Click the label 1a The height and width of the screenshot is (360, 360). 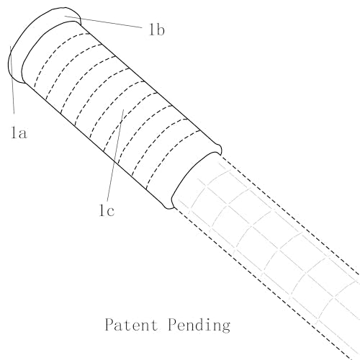point(19,132)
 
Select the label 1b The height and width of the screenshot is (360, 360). point(157,30)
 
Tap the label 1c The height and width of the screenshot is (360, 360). point(107,210)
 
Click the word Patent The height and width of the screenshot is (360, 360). point(131,325)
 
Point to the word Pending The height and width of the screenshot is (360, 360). point(199,325)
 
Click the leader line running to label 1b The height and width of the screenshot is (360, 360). point(103,22)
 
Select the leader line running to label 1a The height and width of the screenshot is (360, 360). point(12,80)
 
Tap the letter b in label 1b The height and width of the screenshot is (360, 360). point(161,30)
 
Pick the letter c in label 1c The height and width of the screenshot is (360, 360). point(110,212)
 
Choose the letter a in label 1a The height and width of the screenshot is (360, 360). point(22,134)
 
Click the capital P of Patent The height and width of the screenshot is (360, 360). point(109,324)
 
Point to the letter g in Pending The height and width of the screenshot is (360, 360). point(225,327)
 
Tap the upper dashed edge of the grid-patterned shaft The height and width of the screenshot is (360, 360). point(289,215)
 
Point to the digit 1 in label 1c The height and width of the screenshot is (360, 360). point(102,210)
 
